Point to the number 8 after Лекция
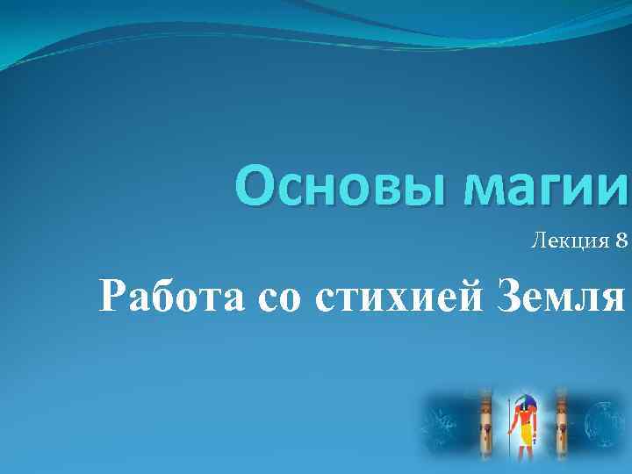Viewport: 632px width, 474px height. (622, 241)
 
